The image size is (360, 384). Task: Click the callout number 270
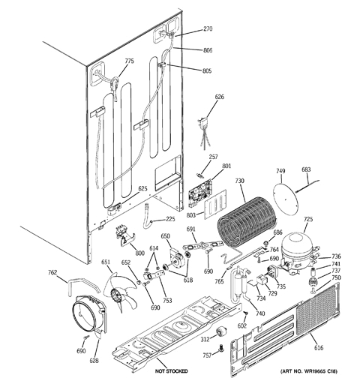coord(208,29)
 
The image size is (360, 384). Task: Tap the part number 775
coord(129,61)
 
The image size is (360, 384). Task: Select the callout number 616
coord(319,348)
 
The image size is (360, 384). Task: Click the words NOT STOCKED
coord(171,372)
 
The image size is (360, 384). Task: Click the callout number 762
coord(52,273)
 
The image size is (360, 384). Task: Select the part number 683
coord(306,170)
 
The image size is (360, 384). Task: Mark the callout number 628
coord(94,361)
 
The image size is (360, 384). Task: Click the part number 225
coord(170,219)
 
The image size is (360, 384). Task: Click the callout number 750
coord(337,277)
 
